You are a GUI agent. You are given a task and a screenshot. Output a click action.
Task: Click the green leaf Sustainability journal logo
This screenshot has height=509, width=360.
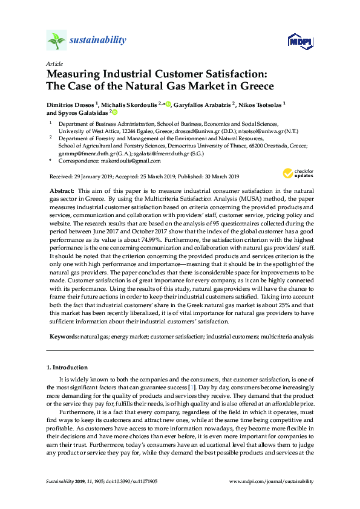click(56, 41)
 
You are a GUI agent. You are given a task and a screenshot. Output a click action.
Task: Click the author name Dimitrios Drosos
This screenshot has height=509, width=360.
click(71, 104)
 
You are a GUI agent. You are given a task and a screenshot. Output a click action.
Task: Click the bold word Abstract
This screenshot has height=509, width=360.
click(62, 190)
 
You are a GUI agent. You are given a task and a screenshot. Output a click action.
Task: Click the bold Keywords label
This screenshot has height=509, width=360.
click(63, 336)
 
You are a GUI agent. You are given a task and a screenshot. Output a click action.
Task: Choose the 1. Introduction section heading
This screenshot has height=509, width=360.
click(67, 368)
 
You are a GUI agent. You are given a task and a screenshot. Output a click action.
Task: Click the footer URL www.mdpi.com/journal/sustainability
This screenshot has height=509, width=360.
click(272, 481)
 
